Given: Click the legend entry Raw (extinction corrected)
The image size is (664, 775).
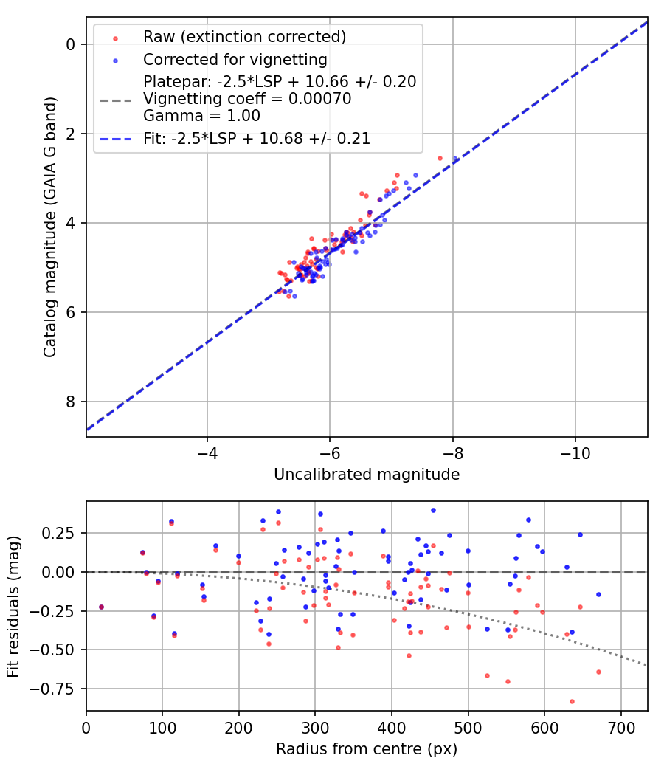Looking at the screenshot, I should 244,37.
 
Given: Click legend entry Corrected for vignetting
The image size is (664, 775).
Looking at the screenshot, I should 235,59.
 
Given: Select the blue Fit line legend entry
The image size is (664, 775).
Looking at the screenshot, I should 256,138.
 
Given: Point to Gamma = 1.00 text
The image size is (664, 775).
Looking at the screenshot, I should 201,116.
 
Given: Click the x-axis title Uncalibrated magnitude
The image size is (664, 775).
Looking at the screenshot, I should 367,475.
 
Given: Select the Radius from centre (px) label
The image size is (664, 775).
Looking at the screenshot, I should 367,749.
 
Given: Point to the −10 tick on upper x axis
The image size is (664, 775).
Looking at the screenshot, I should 575,452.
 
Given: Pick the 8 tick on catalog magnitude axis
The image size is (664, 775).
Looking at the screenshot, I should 71,402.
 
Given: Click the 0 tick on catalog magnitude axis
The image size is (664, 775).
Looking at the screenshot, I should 71,44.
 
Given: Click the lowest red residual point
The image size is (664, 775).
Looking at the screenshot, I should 572,701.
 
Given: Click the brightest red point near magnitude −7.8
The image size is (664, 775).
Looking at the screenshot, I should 440,158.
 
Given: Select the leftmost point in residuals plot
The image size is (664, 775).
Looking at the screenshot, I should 101,607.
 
